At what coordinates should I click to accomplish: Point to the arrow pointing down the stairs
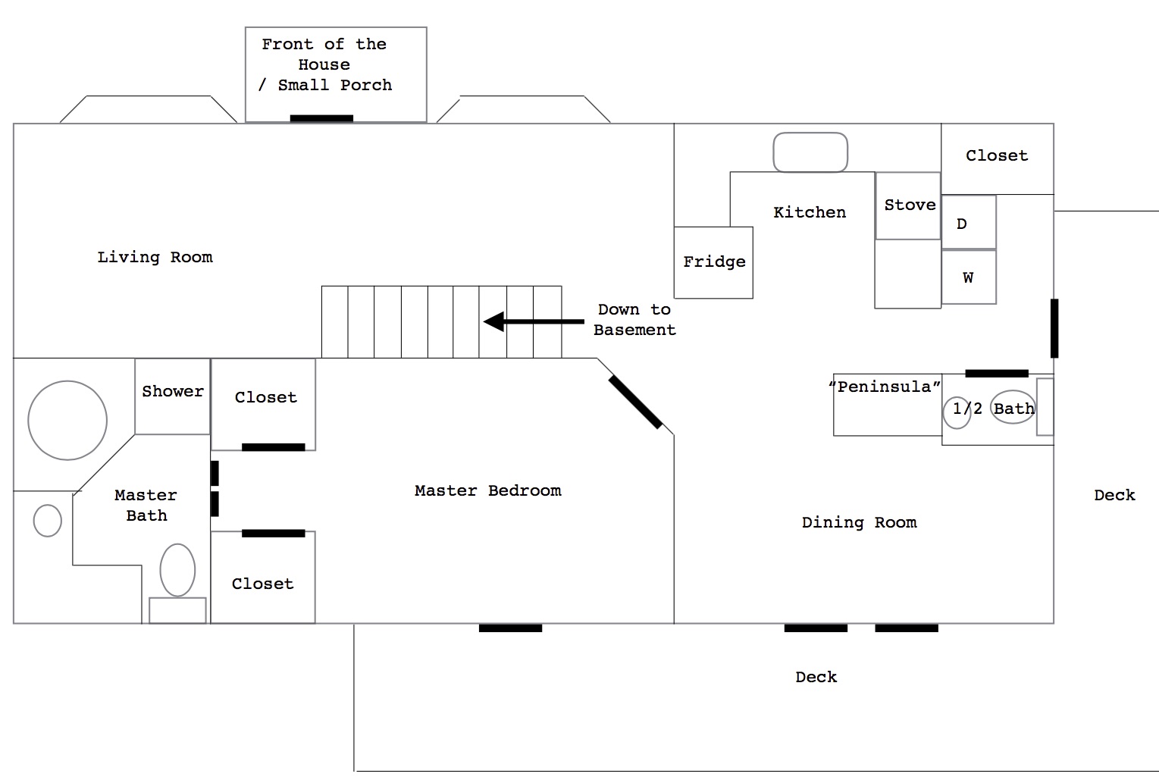(x=534, y=321)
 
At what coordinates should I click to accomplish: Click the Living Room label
(x=155, y=257)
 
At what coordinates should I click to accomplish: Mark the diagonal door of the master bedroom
(x=635, y=402)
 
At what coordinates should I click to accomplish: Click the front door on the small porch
(x=321, y=118)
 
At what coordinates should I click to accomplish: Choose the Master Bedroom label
(x=488, y=490)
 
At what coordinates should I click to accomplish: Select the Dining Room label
(x=860, y=523)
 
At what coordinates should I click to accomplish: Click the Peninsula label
(x=885, y=387)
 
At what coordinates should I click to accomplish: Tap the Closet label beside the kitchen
(x=997, y=156)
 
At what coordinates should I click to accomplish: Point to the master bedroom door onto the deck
(x=510, y=628)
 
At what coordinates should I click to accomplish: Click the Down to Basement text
(x=635, y=320)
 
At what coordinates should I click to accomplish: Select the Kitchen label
(x=810, y=212)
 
